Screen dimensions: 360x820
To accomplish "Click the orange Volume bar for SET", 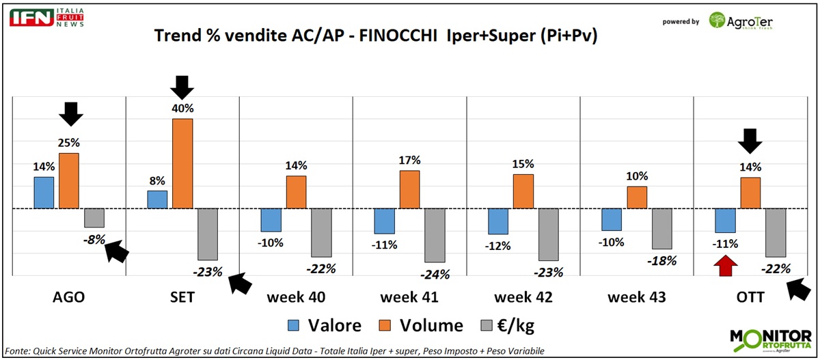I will [x=182, y=163].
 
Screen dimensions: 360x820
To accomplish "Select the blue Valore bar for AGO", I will [x=44, y=193].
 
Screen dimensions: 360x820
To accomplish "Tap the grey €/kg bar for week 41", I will [x=435, y=235].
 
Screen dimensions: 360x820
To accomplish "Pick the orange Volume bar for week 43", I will [x=637, y=197].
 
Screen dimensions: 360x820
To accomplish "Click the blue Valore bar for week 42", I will [x=498, y=221].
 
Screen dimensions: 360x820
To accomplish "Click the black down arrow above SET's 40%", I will [x=182, y=87].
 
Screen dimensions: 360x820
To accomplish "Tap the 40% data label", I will [x=182, y=109].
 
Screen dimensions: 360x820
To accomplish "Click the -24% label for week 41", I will [x=435, y=275].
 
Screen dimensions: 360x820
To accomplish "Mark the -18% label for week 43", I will [x=661, y=260].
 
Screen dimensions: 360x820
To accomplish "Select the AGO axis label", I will [x=69, y=297].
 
